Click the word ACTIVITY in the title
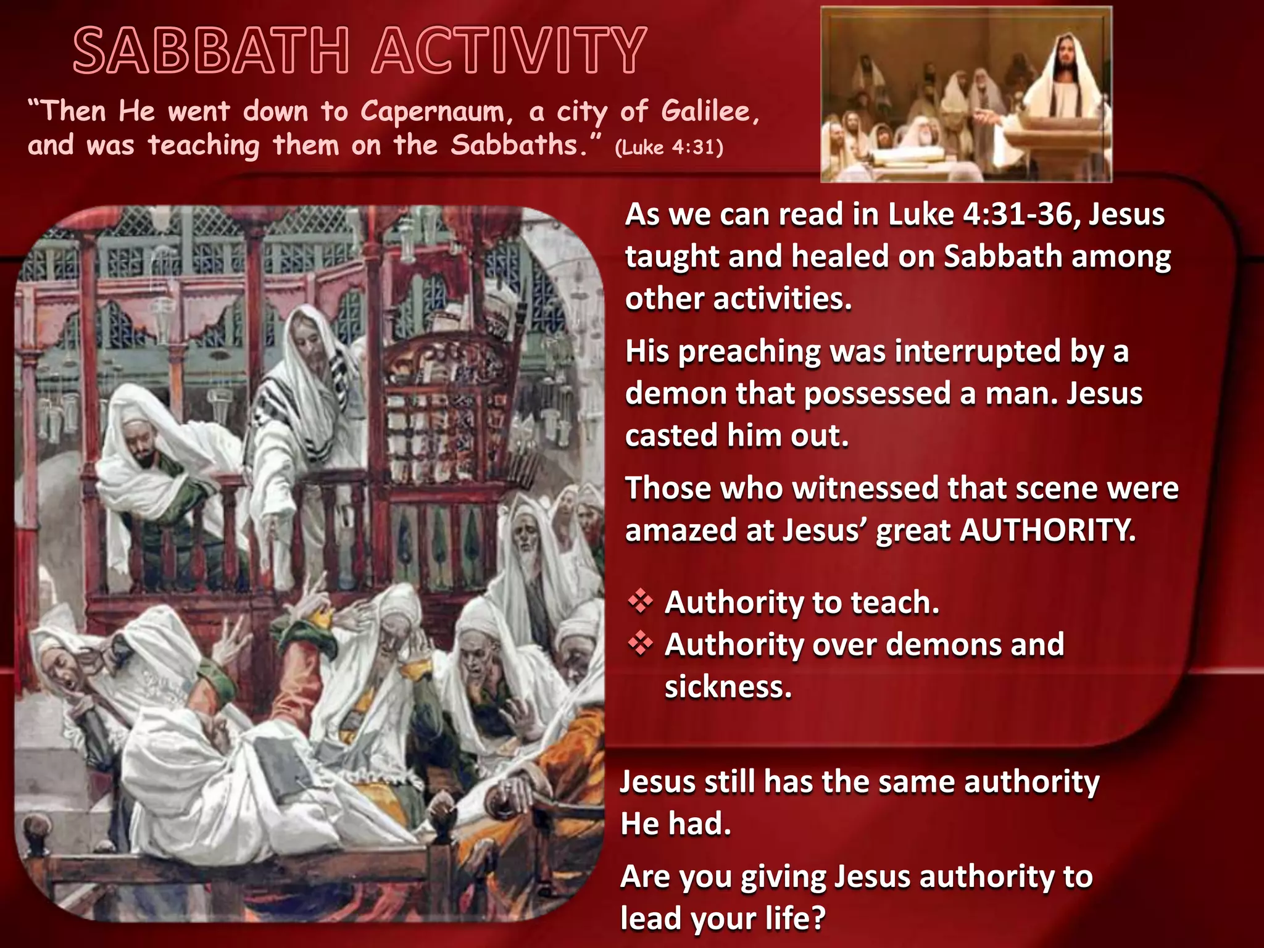point(509,51)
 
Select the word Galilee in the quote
point(709,112)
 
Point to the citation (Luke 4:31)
point(669,148)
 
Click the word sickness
point(728,687)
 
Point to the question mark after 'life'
point(817,918)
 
